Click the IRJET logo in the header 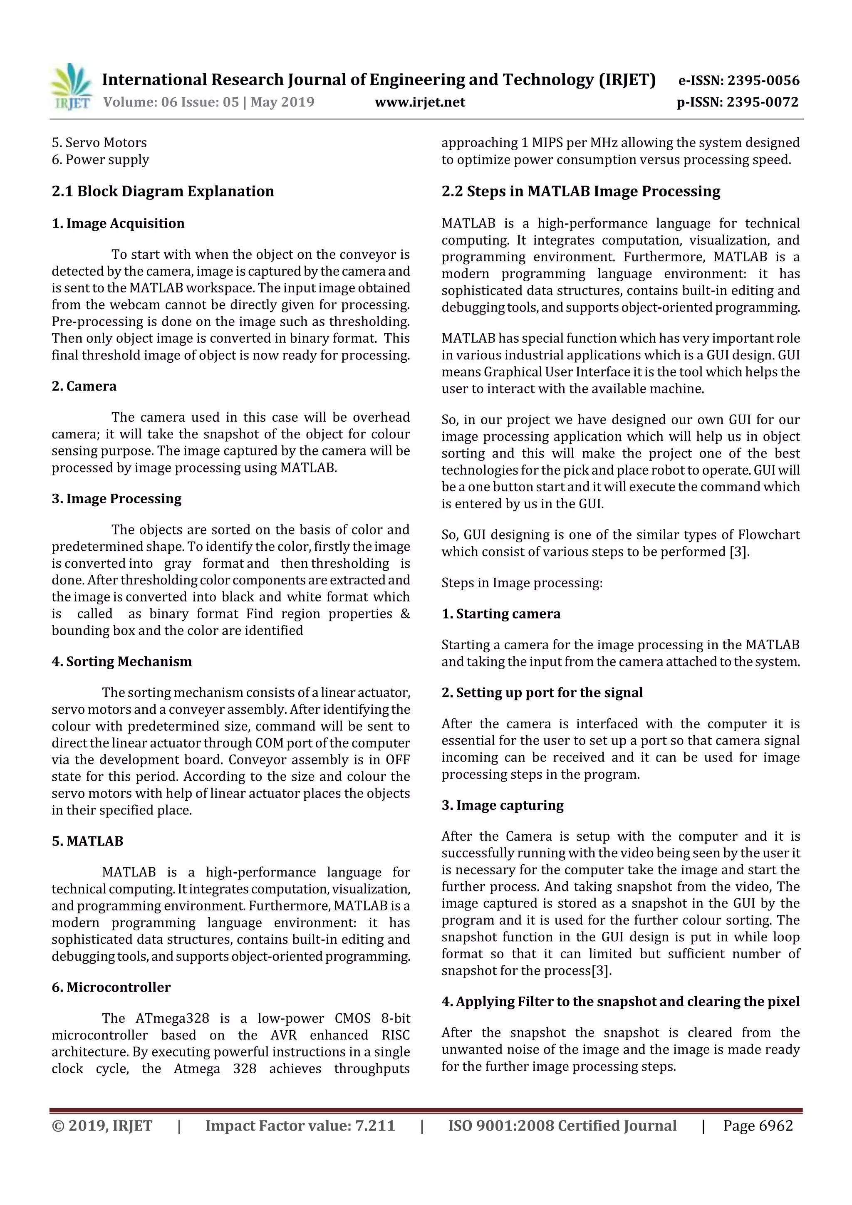(x=70, y=87)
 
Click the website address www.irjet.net (x=419, y=102)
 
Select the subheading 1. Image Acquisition (x=118, y=224)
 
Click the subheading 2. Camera (x=84, y=386)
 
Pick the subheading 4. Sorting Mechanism (x=122, y=661)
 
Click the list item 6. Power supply (x=100, y=160)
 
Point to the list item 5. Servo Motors (x=99, y=143)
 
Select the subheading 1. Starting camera (x=501, y=614)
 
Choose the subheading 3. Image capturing (x=503, y=805)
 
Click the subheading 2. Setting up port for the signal (x=542, y=693)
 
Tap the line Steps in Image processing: (x=522, y=583)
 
